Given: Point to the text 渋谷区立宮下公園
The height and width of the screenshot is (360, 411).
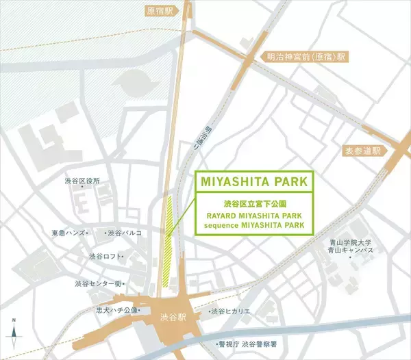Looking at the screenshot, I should pos(254,204).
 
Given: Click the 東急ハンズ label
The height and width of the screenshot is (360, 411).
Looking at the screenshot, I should pos(68,233).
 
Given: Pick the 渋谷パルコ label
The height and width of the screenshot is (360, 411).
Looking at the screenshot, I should pos(124,233).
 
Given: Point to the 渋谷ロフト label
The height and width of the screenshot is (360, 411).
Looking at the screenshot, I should pos(105,257).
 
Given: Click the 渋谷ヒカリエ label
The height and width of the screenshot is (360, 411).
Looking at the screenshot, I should pos(229,311).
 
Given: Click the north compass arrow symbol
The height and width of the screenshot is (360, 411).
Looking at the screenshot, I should pos(14,331).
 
